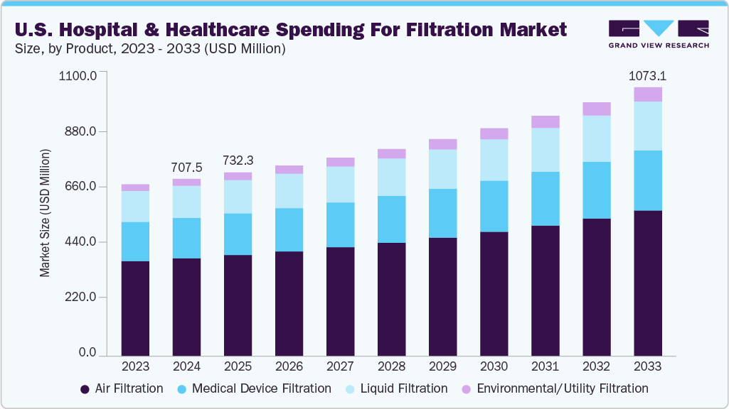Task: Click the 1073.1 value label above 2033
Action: point(647,76)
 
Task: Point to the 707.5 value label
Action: point(187,168)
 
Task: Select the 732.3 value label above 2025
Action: point(238,160)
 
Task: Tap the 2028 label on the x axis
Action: point(391,367)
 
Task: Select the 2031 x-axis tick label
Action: point(545,367)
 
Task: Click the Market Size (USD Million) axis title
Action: point(46,214)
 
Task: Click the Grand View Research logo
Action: point(659,33)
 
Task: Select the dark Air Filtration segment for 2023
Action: point(135,308)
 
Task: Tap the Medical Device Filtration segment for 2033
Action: point(647,180)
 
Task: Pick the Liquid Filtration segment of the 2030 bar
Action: point(494,160)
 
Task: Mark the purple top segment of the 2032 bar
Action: point(596,109)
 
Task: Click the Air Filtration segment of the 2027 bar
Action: point(340,301)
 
